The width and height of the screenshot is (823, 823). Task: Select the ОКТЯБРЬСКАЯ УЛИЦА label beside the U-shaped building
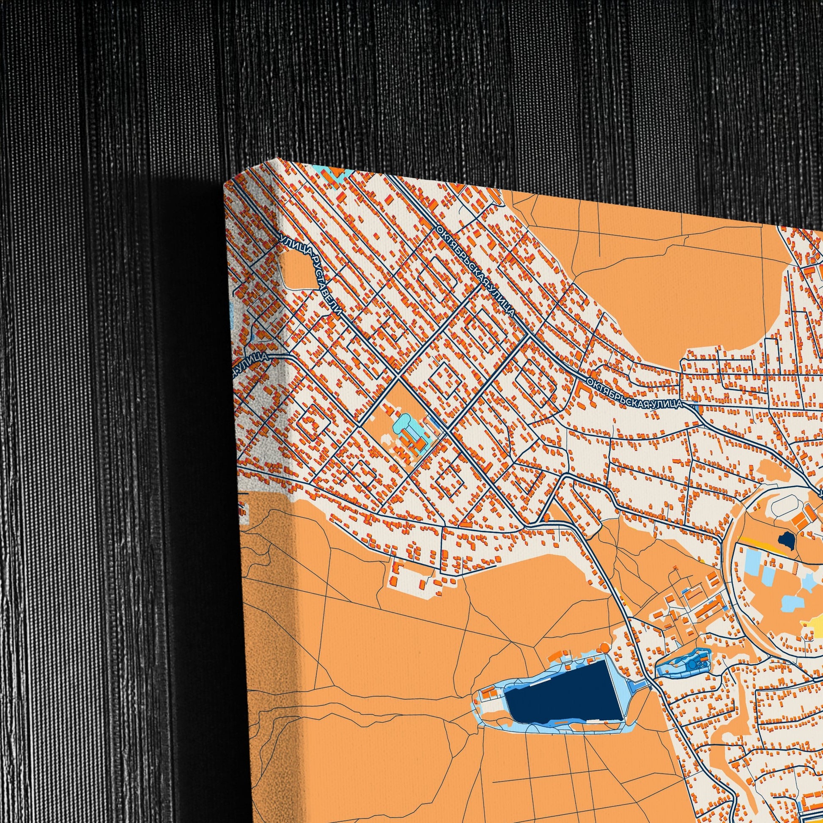[635, 392]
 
